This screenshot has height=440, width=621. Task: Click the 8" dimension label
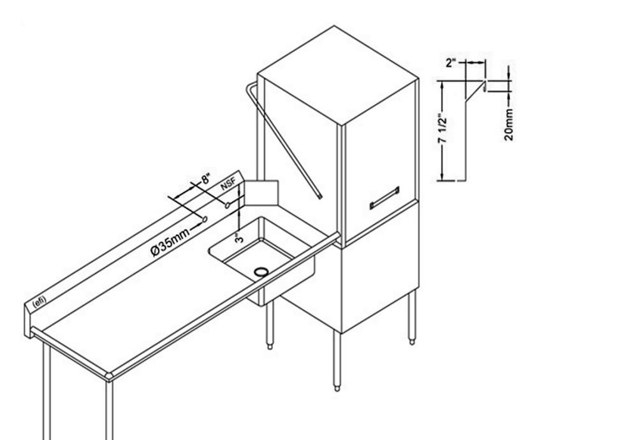click(207, 179)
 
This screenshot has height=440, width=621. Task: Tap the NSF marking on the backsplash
click(228, 184)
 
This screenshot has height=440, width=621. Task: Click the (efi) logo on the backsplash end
click(39, 302)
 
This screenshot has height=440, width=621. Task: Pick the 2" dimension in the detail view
click(451, 62)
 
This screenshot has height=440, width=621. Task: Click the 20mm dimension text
click(509, 125)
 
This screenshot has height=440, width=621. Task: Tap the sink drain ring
click(261, 271)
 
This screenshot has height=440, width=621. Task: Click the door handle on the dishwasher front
click(384, 198)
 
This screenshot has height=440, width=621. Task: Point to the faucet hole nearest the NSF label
click(228, 205)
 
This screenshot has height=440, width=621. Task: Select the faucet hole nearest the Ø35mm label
click(205, 219)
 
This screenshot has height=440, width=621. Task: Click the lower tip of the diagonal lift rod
click(320, 196)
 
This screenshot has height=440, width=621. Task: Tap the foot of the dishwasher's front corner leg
click(337, 388)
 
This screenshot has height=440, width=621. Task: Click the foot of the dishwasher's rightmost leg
click(412, 342)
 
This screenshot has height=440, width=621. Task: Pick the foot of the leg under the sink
click(270, 346)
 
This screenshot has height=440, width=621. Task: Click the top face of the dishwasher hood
click(337, 75)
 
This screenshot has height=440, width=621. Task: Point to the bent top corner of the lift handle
click(249, 86)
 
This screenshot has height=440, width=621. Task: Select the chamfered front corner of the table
click(110, 377)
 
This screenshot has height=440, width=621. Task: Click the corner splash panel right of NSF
click(261, 193)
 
